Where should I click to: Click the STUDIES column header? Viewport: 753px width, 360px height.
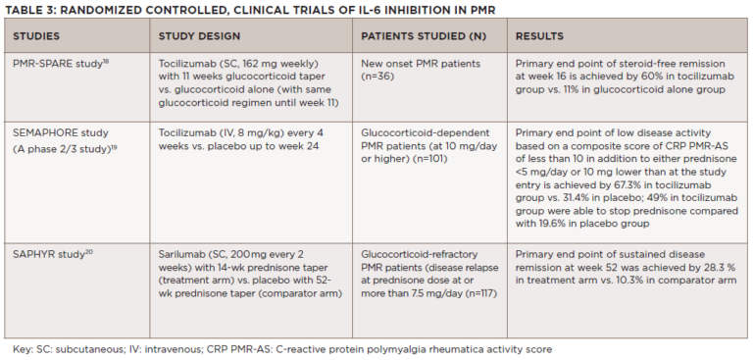point(37,36)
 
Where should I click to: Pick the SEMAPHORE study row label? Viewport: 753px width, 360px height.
point(58,130)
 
